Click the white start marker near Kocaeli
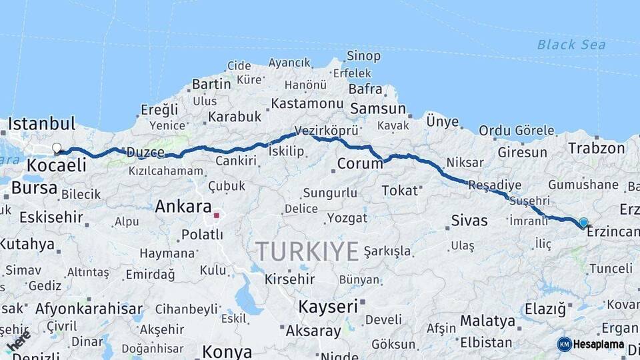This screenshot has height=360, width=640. [57, 148]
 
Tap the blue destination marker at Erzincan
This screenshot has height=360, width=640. [583, 223]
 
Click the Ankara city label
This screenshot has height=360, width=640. [183, 207]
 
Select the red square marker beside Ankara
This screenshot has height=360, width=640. [216, 215]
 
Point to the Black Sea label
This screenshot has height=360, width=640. [571, 45]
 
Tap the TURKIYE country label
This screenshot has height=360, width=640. [307, 251]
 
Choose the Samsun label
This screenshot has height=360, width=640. [377, 109]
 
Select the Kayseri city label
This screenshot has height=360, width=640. [327, 307]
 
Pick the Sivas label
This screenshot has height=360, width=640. [469, 220]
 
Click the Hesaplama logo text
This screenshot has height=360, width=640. [599, 345]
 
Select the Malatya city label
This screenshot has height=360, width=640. [487, 321]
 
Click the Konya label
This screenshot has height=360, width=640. [227, 351]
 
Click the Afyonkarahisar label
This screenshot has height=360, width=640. [89, 309]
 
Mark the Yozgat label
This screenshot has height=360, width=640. [347, 218]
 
